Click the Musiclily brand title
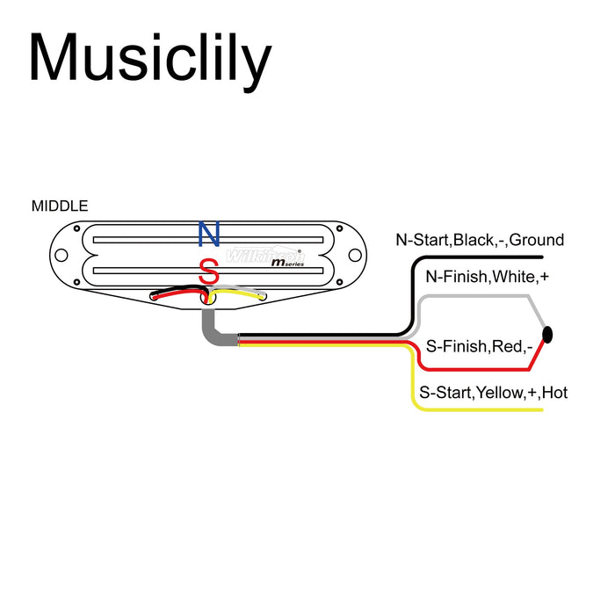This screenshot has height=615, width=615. [149, 59]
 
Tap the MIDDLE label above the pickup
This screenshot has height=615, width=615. [60, 206]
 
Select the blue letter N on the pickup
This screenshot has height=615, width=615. [208, 235]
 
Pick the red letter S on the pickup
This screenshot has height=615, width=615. [208, 272]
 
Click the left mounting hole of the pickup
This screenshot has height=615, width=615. [61, 256]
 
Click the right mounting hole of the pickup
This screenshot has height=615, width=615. [355, 256]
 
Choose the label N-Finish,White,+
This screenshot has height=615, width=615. [480, 278]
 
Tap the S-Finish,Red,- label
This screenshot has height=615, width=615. [480, 347]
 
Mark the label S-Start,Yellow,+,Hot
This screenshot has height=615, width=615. [493, 393]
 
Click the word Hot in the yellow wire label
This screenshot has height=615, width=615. [554, 393]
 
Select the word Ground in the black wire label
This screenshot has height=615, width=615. [537, 240]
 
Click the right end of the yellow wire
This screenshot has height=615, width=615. [540, 410]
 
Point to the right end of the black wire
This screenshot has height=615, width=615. [540, 257]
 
